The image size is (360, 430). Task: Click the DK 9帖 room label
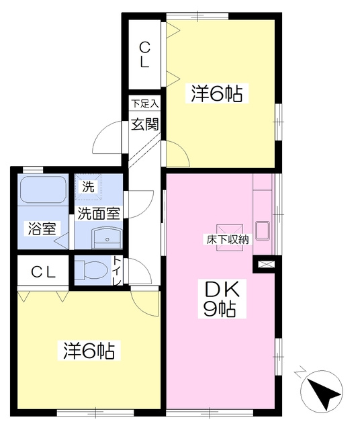coord(222,299)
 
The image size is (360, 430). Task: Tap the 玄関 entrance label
coord(145,125)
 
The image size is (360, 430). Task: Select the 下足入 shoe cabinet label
coord(144,103)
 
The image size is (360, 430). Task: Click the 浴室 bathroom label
coord(42,228)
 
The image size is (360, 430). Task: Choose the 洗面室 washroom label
coord(99,214)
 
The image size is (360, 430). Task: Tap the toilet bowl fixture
coord(91,269)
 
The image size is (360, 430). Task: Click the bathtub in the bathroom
coord(43,190)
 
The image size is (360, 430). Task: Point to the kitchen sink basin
coord(263,230)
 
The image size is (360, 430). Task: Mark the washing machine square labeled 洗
coord(88,187)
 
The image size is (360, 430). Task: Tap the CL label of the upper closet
coord(144,55)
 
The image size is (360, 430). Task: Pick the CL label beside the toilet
coord(43,272)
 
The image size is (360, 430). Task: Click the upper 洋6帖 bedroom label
coord(216,93)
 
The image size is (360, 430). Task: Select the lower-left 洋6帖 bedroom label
coord(89,351)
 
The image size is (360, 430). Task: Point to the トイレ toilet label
coord(118,271)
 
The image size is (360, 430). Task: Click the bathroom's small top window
coord(33,169)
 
